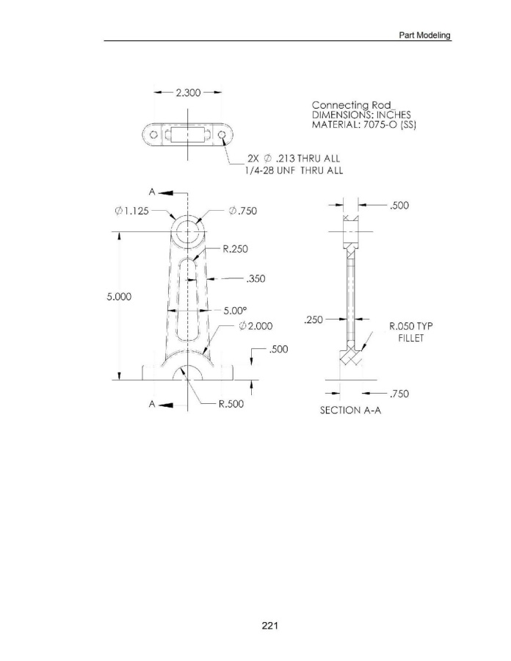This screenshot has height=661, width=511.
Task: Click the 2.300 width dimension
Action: pos(188,93)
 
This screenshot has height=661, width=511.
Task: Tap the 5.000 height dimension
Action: pos(119,297)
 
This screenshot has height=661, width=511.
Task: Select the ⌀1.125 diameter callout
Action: pos(132,211)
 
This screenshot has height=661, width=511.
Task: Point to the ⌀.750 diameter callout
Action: pos(242,211)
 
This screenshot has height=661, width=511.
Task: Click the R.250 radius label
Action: pos(235,249)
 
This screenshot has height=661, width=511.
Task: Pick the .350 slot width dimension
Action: pos(255,278)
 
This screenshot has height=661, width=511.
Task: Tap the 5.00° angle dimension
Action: pos(235,311)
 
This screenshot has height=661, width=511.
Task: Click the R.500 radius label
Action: pos(231,404)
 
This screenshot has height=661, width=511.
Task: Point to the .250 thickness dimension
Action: pos(313,319)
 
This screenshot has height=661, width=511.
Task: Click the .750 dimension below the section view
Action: pos(399,394)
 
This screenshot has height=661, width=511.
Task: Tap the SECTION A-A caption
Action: pos(350,410)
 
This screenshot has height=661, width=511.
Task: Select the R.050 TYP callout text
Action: pos(410,326)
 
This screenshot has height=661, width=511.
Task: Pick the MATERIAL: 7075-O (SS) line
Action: pos(364,125)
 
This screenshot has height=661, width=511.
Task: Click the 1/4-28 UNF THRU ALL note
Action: pos(294,170)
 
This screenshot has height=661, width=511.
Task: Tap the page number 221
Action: pos(269,626)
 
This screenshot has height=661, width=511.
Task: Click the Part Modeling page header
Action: pos(424,35)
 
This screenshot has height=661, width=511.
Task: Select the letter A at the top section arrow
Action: pos(152,192)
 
